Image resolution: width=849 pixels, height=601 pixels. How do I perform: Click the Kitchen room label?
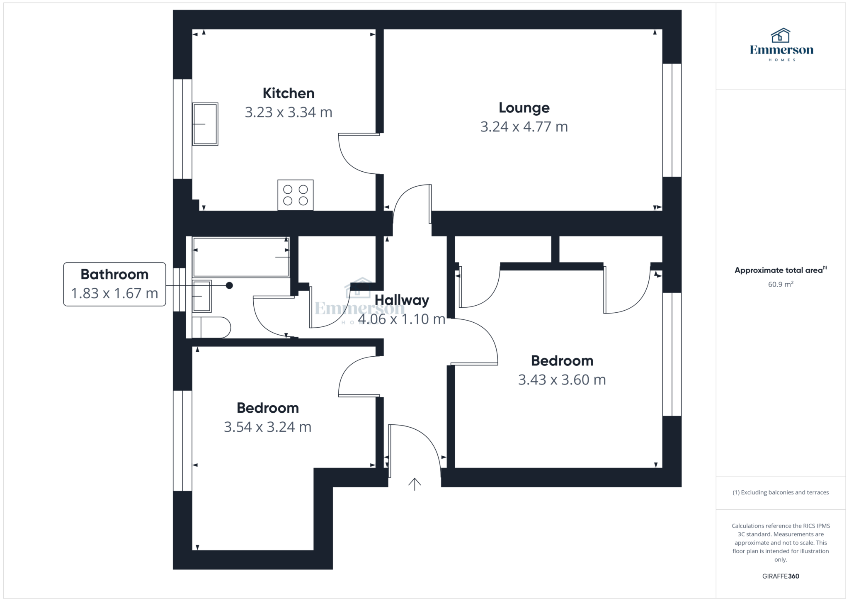click(289, 93)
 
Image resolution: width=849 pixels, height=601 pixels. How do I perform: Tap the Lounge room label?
click(524, 108)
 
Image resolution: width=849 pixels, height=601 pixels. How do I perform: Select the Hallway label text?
click(402, 300)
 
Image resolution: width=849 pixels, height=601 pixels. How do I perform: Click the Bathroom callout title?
click(114, 274)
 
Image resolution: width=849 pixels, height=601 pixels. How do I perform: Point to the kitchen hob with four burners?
click(295, 195)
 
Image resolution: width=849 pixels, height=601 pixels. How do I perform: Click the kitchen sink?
click(205, 124)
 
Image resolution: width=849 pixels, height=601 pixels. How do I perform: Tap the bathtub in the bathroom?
click(241, 257)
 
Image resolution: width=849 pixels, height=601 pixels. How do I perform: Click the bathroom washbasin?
click(202, 296)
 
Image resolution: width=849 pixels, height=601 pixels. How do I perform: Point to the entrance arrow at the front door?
click(415, 484)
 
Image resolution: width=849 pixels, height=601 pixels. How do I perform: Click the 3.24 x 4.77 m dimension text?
click(524, 127)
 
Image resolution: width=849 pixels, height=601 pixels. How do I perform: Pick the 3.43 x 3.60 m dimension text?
click(562, 380)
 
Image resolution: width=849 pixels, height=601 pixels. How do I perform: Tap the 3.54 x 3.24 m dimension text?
click(267, 427)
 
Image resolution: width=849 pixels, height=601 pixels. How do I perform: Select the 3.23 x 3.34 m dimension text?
click(289, 112)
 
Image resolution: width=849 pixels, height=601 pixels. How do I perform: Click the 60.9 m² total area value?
click(781, 284)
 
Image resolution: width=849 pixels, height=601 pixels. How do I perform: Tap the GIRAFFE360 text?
click(781, 576)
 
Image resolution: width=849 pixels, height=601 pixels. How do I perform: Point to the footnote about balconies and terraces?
click(781, 492)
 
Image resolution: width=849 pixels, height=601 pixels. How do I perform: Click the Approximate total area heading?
click(781, 270)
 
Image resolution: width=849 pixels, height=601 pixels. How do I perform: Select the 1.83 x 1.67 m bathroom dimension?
click(114, 294)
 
